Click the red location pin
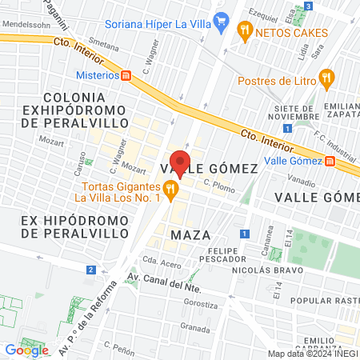(180, 164)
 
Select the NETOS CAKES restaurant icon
(245, 33)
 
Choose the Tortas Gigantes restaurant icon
(170, 190)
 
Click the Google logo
(27, 350)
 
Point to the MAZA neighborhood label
(190, 234)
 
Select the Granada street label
(195, 327)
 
